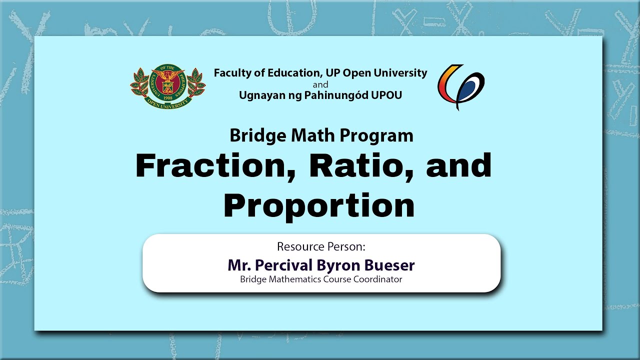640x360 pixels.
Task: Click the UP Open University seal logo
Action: [x=168, y=86]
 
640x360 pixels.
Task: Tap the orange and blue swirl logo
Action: [x=461, y=87]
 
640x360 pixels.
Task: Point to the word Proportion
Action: [x=319, y=205]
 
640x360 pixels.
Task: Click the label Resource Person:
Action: [x=321, y=246]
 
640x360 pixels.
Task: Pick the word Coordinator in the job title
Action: [x=377, y=279]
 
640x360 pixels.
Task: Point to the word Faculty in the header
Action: [x=232, y=73]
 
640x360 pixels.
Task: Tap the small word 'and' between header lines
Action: [x=320, y=84]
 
